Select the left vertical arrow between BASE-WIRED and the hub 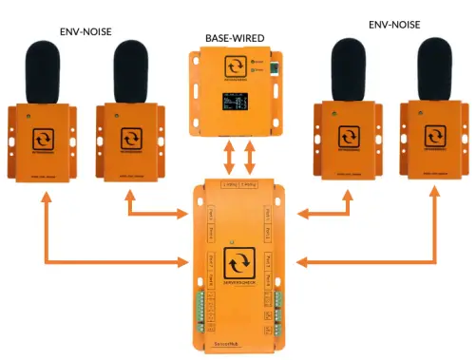[228, 155]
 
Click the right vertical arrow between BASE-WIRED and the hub [250, 155]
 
